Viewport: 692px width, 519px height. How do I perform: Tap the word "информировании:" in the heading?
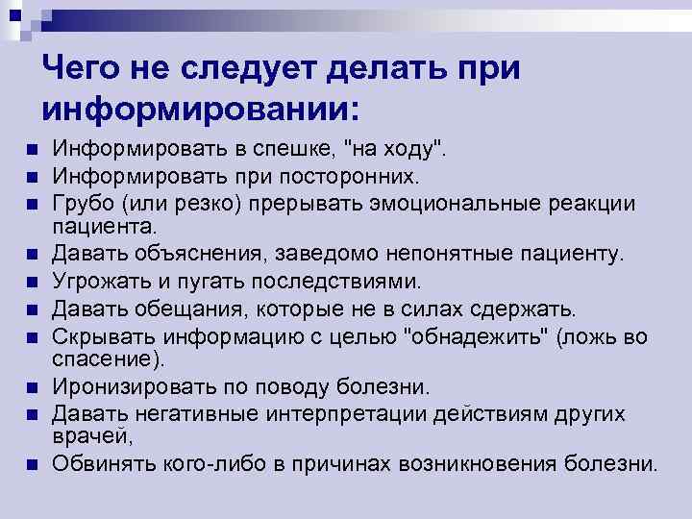point(199,107)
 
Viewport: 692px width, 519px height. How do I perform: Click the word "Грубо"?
point(84,203)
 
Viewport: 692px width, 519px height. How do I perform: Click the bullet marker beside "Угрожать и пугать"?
point(32,282)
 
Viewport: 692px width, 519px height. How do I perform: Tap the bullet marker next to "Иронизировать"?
point(32,388)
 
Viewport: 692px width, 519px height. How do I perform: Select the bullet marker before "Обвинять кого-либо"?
point(32,465)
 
